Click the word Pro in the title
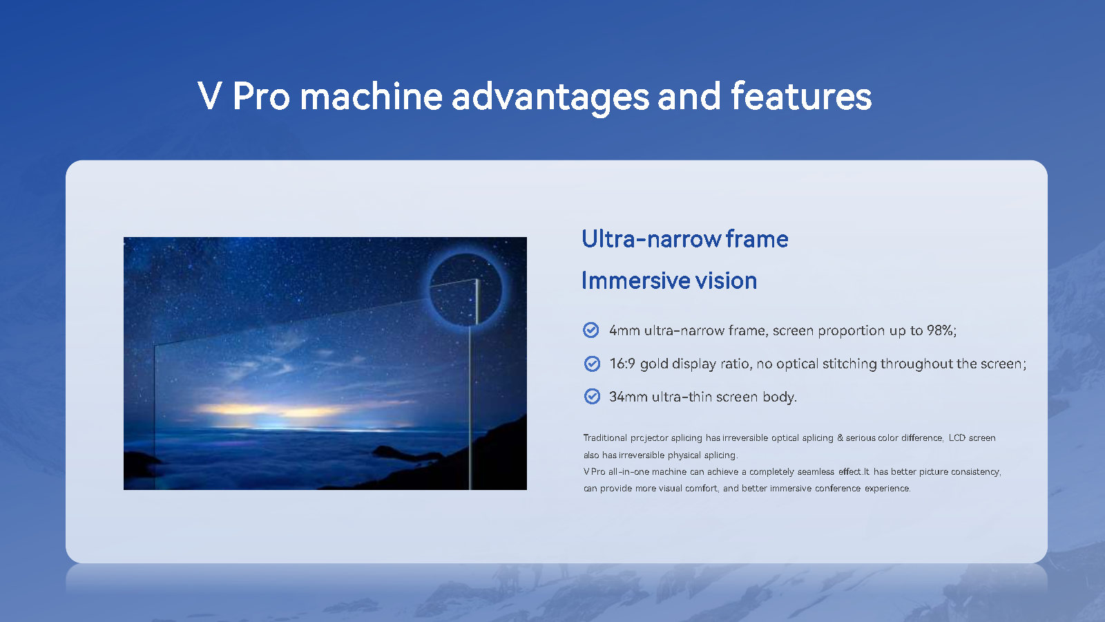tap(261, 96)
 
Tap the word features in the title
tap(801, 96)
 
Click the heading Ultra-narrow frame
tap(684, 239)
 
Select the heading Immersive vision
tap(669, 281)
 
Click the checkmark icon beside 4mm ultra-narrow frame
tap(591, 330)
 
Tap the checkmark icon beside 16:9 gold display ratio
tap(592, 364)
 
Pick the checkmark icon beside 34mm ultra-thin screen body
tap(592, 397)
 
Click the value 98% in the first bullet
tap(941, 330)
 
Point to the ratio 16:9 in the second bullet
tap(622, 364)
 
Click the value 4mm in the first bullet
tap(624, 330)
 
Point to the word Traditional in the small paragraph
tap(605, 438)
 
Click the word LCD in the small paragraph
tap(957, 438)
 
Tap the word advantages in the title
tap(550, 96)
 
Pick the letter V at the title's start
tap(210, 96)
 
